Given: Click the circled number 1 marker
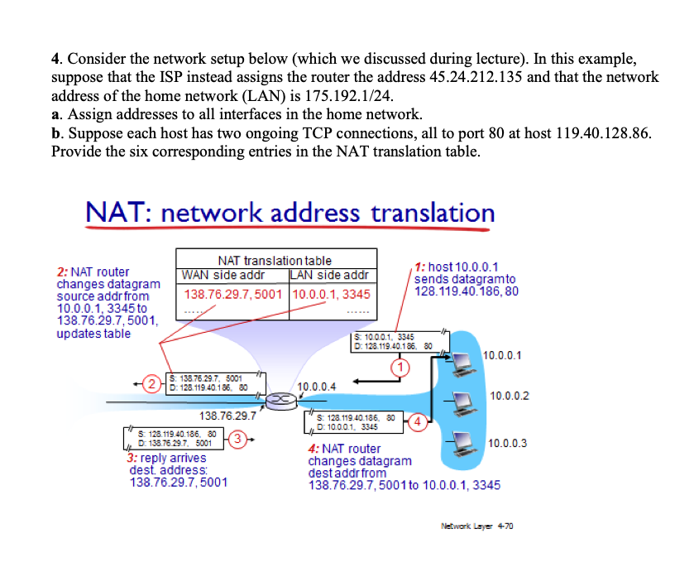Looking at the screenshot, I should (402, 367).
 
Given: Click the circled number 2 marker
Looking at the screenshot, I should (152, 383).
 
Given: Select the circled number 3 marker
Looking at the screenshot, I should (237, 439).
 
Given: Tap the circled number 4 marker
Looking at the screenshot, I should (418, 423).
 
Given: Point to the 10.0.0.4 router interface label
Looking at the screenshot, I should (316, 386).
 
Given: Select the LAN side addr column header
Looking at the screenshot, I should (329, 275).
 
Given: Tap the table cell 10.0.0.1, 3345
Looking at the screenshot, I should (331, 294).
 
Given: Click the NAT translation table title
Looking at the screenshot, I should (274, 259).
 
